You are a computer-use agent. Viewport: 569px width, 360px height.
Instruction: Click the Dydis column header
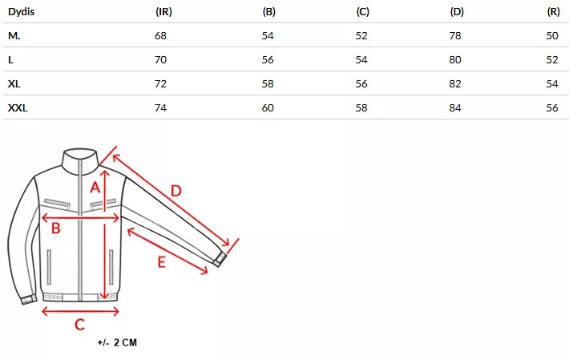click(21, 11)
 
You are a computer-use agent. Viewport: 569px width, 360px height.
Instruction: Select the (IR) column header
click(163, 11)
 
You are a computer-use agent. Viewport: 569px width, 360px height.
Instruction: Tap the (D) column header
click(457, 11)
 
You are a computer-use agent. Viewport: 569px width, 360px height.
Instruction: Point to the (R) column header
click(554, 11)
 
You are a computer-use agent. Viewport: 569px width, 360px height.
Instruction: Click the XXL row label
click(18, 107)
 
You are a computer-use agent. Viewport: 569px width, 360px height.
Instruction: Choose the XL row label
click(14, 84)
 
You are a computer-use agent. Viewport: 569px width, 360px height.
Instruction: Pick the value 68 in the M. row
click(160, 35)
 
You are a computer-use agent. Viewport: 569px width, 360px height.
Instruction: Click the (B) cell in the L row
click(268, 59)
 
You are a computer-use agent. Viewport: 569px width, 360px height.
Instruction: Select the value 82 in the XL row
click(455, 84)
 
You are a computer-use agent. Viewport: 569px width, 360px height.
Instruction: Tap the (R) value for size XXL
click(552, 107)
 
